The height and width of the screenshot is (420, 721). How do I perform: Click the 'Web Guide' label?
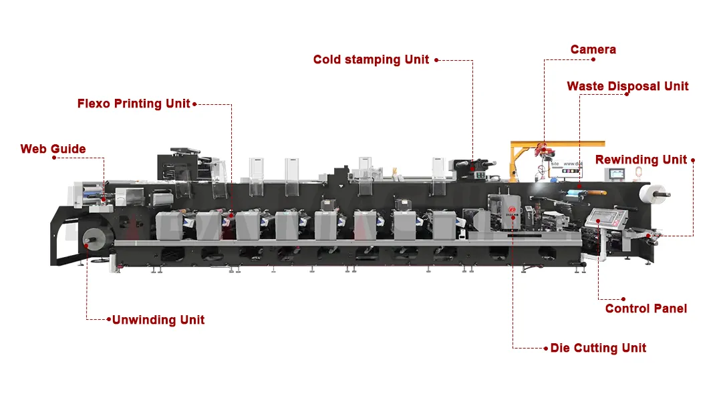click(x=53, y=149)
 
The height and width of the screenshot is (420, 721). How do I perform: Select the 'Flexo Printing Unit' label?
click(x=134, y=103)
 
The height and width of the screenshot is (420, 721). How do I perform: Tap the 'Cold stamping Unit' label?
click(x=371, y=59)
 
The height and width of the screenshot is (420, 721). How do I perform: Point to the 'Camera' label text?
click(x=593, y=49)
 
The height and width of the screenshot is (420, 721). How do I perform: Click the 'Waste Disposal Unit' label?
click(x=627, y=86)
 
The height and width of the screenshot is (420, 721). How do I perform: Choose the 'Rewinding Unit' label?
click(x=641, y=160)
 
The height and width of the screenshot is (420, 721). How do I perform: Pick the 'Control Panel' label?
click(x=646, y=308)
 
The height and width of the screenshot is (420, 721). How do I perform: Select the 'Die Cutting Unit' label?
click(x=598, y=348)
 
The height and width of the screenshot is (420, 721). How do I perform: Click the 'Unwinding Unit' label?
click(x=158, y=320)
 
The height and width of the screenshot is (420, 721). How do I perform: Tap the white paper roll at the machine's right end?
click(x=652, y=194)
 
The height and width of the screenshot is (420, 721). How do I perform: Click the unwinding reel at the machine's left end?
click(x=94, y=239)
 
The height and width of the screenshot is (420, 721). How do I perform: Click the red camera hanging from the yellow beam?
click(x=542, y=150)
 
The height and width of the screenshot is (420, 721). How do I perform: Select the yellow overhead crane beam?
click(x=557, y=144)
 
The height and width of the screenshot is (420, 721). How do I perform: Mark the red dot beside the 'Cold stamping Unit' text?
click(x=436, y=60)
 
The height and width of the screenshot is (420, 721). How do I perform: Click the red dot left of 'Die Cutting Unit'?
click(x=545, y=349)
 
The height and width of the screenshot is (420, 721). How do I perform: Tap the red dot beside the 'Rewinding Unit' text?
click(x=692, y=160)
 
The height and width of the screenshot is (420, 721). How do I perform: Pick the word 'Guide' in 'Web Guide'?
click(x=68, y=149)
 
